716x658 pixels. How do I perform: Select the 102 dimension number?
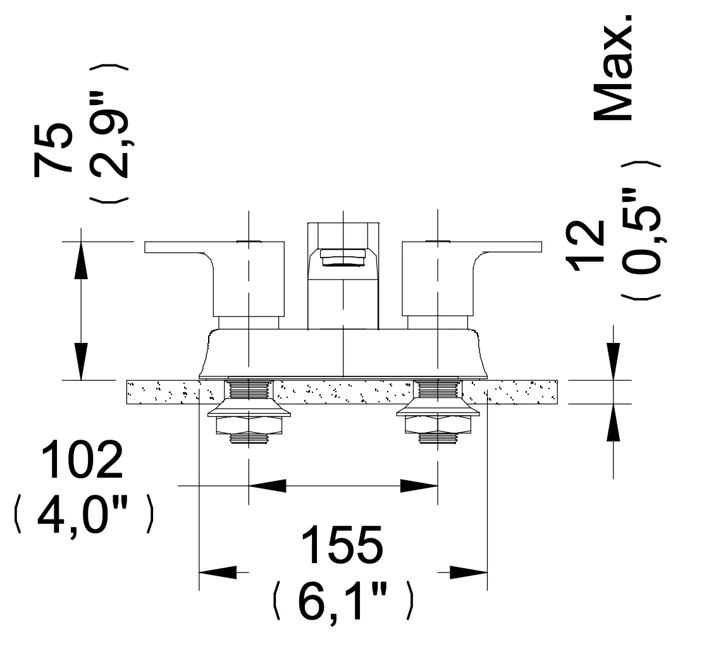pos(82,459)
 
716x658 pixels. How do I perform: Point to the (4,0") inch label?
pos(85,514)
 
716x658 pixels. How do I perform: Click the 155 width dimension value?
pos(342,545)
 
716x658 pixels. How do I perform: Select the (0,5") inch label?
pos(641,230)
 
